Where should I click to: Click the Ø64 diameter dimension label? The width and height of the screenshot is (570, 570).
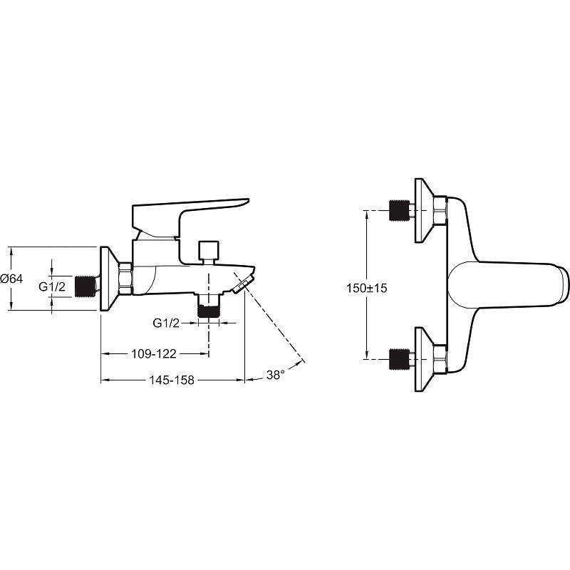click(x=11, y=279)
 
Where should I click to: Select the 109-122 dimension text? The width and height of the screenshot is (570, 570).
click(x=153, y=353)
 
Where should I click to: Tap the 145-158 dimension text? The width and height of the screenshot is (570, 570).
click(x=172, y=380)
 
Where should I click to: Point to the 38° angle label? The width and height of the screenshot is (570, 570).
click(x=275, y=375)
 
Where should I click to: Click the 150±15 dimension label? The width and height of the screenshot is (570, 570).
click(x=367, y=289)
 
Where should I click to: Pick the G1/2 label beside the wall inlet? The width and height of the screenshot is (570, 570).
click(x=52, y=286)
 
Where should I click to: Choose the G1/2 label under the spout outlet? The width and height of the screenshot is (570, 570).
click(x=166, y=323)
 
